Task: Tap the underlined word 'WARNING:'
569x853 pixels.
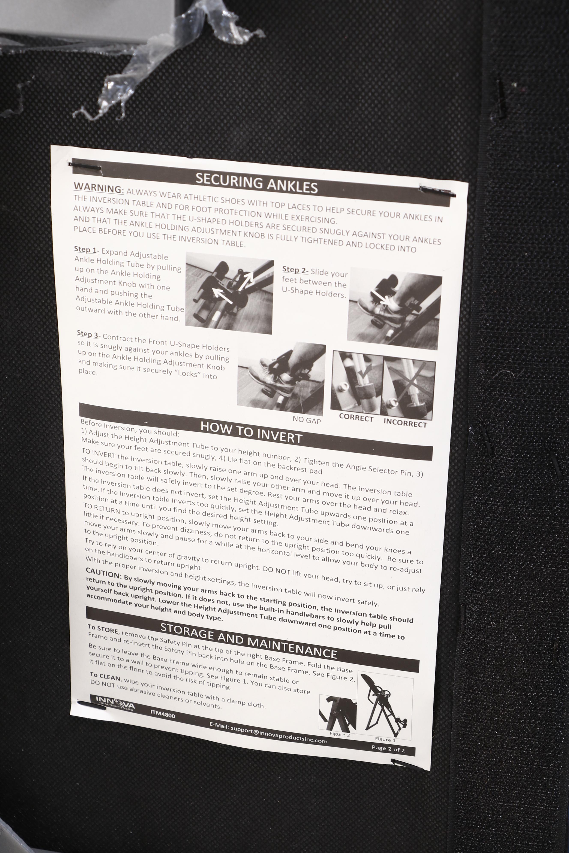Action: [x=99, y=188]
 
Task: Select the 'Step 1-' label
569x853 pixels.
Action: [x=86, y=249]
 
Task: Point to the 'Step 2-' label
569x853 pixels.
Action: [x=295, y=270]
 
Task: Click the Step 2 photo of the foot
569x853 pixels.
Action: [x=394, y=309]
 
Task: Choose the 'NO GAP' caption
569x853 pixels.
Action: [x=307, y=420]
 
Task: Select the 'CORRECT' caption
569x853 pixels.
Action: [x=356, y=418]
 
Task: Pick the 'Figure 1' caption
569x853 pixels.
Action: [x=385, y=740]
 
